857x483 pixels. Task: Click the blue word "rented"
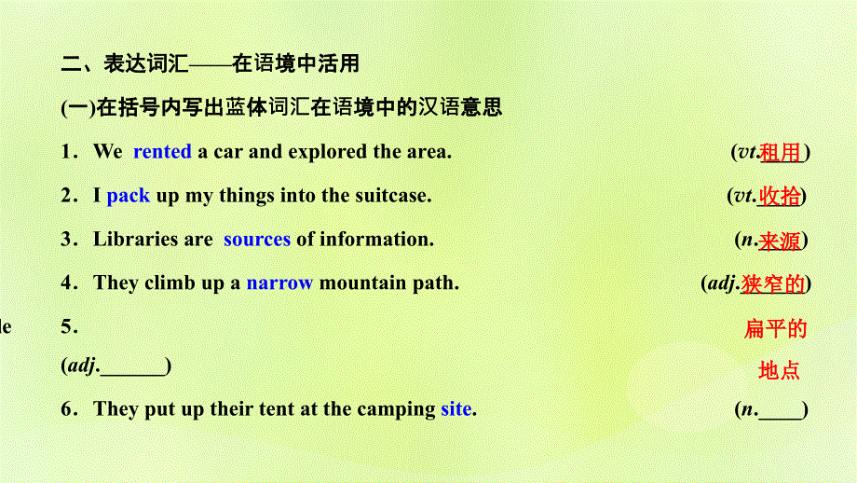coord(162,152)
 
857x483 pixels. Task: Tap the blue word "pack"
coord(129,196)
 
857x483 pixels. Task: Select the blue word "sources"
coord(257,240)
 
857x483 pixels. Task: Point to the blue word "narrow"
coord(279,283)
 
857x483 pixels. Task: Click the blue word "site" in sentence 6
coord(456,408)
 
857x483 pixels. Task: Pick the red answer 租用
coord(781,153)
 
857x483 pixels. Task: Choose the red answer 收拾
coord(780,196)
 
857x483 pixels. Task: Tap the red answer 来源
coord(780,241)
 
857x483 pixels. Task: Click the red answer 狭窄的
coord(774,283)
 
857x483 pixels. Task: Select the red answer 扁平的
coord(775,328)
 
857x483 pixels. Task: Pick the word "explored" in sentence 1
coord(327,152)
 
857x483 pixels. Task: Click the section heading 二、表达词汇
coord(124,64)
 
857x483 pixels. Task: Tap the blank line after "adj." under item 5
coord(132,367)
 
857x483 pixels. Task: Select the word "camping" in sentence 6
coord(399,408)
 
